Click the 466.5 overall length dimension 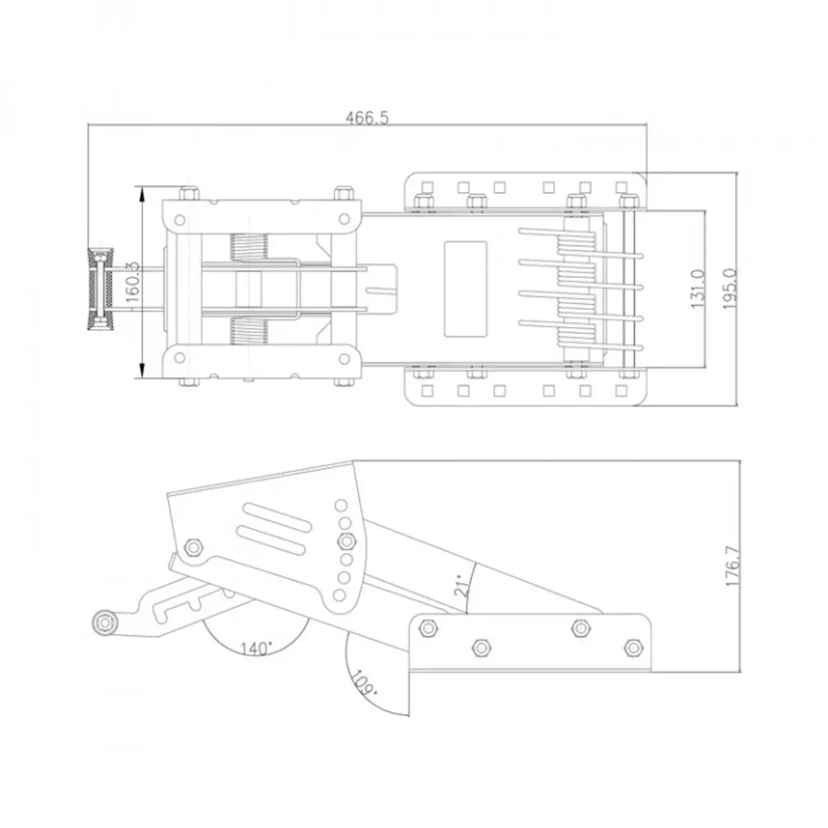tap(367, 118)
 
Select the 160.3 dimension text tap(134, 282)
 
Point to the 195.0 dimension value tap(730, 288)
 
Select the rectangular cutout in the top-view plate tap(466, 289)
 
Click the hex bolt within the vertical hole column tap(346, 540)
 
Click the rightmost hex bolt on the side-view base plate tap(632, 647)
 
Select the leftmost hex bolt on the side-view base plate tap(426, 628)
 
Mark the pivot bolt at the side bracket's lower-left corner tap(194, 546)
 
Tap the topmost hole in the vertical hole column tap(340, 504)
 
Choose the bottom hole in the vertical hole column tap(340, 593)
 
